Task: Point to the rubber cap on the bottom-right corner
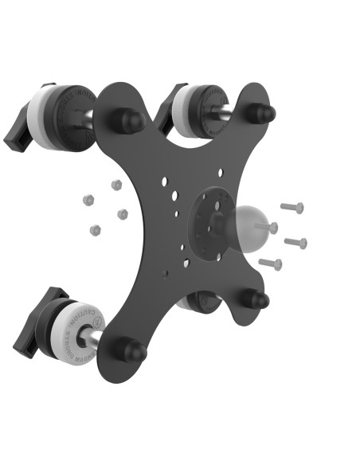click(256, 300)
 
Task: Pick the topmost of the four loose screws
click(292, 208)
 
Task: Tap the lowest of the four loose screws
click(271, 263)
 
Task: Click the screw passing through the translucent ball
click(269, 229)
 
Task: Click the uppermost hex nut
click(116, 185)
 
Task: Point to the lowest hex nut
click(96, 230)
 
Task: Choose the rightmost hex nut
click(123, 214)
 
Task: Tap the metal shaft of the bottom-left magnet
click(92, 339)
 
